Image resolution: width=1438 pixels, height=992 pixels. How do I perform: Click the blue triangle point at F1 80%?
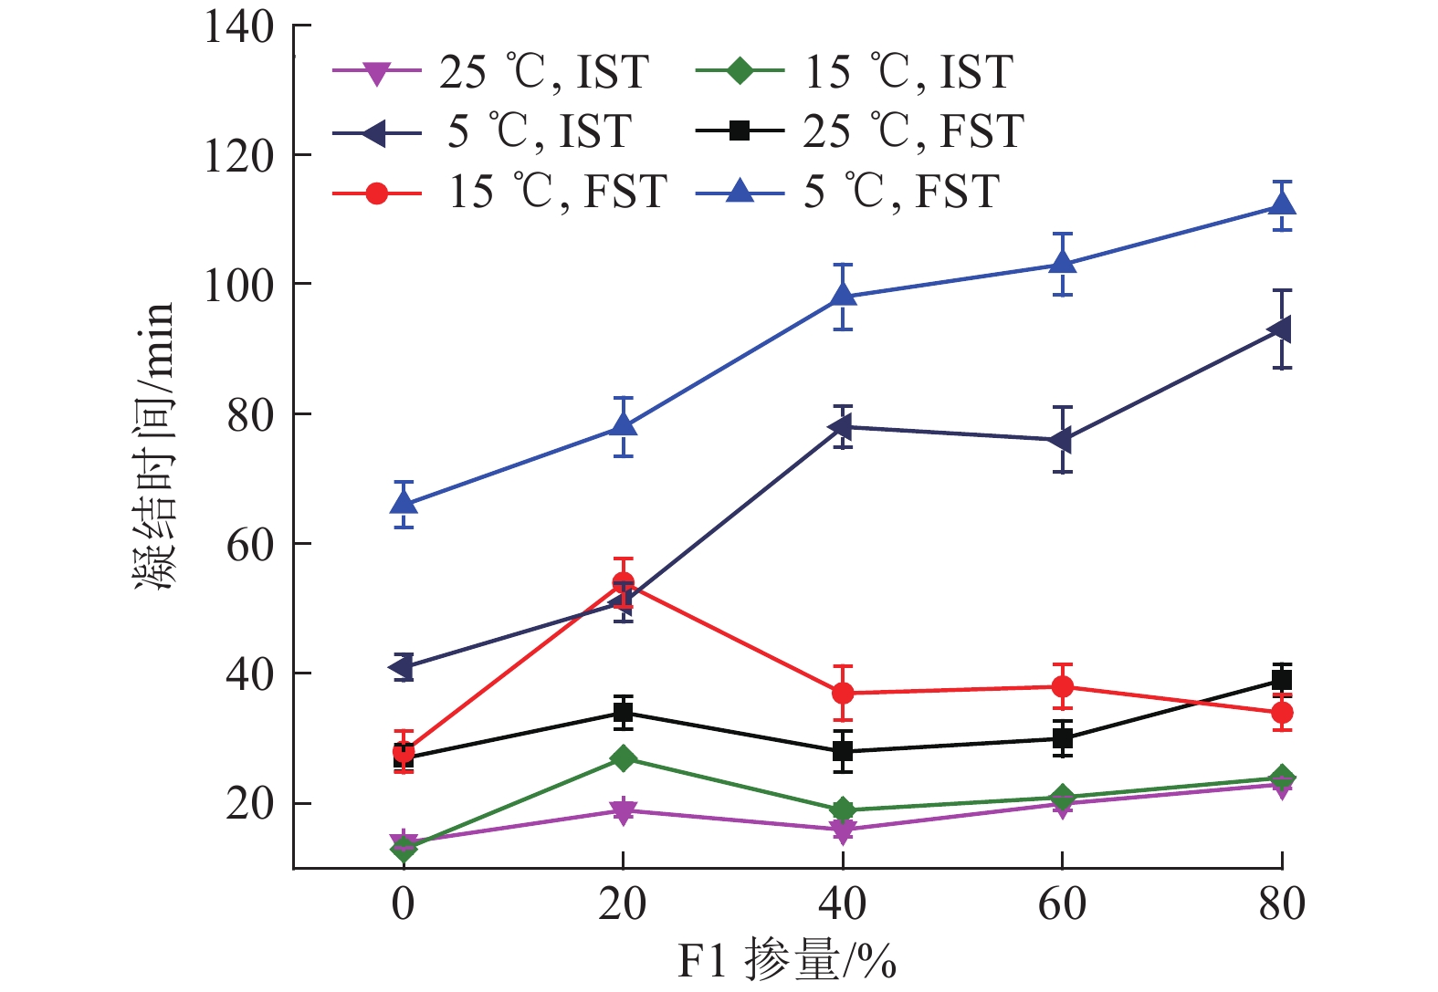[1282, 204]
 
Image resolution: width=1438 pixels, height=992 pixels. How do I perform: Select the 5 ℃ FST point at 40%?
[843, 296]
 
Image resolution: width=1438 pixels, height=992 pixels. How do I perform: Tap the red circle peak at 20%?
[623, 582]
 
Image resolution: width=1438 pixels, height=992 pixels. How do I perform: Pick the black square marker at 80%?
[1282, 679]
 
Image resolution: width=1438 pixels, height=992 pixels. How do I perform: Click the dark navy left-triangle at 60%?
[1061, 440]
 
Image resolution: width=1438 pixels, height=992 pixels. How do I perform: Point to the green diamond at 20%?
[623, 758]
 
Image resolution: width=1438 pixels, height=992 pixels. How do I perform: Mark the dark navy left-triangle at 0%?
[402, 667]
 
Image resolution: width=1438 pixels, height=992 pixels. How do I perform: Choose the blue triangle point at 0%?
[403, 503]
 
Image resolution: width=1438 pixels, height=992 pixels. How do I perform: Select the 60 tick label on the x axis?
[1062, 903]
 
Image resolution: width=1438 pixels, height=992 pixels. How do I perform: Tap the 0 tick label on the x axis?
[403, 903]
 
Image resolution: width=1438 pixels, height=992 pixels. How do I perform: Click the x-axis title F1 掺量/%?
[787, 961]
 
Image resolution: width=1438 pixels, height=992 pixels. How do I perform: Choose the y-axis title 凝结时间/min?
[153, 447]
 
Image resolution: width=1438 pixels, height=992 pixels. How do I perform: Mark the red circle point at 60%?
[1062, 686]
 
